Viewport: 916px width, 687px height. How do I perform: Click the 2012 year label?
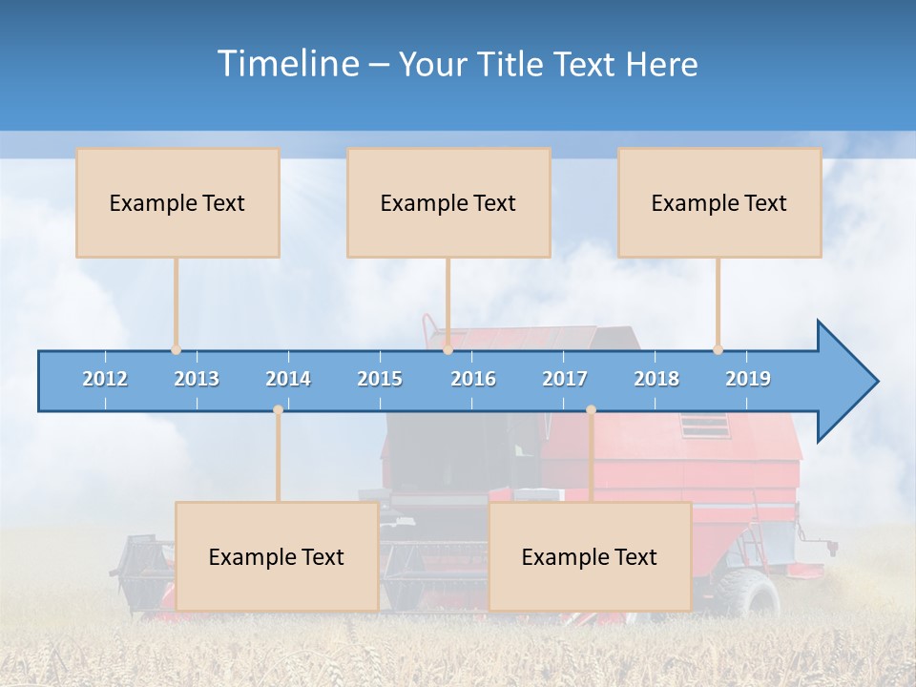(105, 379)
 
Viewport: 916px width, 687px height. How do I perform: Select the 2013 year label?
(197, 379)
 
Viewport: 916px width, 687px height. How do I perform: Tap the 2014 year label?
(288, 379)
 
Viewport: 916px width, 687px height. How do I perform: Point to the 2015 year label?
(380, 379)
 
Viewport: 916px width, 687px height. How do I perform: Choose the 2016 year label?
(473, 379)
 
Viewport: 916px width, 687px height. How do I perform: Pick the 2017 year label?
(565, 379)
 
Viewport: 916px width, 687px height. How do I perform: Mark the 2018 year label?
(656, 379)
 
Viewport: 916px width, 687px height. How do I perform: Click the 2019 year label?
(748, 379)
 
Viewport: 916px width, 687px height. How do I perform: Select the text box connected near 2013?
(177, 202)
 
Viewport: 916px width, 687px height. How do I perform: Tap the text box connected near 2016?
(448, 202)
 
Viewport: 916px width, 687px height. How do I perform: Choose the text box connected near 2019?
(719, 202)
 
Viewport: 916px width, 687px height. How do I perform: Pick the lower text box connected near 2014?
(277, 556)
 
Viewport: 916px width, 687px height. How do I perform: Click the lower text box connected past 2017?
(590, 556)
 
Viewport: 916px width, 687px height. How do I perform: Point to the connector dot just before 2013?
(176, 350)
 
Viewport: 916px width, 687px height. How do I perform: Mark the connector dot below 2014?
(278, 410)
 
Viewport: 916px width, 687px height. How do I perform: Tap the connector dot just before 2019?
(718, 350)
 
